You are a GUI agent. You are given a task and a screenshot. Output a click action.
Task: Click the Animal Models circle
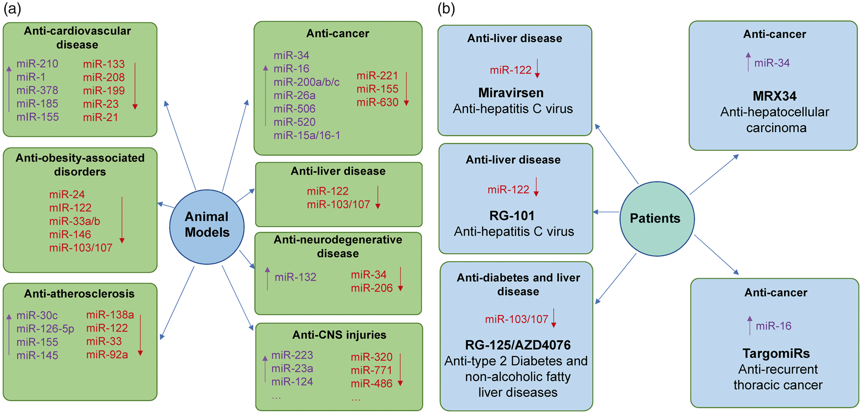coord(207,227)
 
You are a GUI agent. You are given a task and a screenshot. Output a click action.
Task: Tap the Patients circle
coord(657,219)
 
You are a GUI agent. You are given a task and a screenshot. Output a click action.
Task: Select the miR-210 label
coord(37,64)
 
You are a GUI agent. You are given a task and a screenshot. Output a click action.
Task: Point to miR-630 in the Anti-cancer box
coord(377,102)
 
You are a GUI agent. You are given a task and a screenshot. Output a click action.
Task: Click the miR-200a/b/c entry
coord(307,82)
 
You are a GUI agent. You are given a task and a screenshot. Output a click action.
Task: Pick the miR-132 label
coord(295,277)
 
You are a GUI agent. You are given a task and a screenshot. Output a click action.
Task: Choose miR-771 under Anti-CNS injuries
coord(371,370)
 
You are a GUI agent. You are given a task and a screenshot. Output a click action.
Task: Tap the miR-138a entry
coord(110,315)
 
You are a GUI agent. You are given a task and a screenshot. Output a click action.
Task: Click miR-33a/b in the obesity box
coord(75,221)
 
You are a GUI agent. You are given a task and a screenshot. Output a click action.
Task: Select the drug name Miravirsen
coord(511,93)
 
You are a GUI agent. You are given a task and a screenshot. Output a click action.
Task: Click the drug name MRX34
coord(774,96)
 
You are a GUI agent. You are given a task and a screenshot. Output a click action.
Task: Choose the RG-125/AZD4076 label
coord(518,345)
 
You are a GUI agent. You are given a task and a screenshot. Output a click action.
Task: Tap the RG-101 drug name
coord(512,215)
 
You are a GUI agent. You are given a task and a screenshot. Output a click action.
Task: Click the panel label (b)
coord(446,9)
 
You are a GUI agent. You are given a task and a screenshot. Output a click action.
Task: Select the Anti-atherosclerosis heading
coord(79,294)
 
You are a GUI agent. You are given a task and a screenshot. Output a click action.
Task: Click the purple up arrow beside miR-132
coord(268,279)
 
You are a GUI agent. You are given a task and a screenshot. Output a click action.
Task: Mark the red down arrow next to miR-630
coord(407,89)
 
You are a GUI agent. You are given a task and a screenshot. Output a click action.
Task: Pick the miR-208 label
coord(104,78)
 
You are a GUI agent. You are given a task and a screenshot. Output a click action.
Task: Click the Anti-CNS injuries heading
coord(339,335)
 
